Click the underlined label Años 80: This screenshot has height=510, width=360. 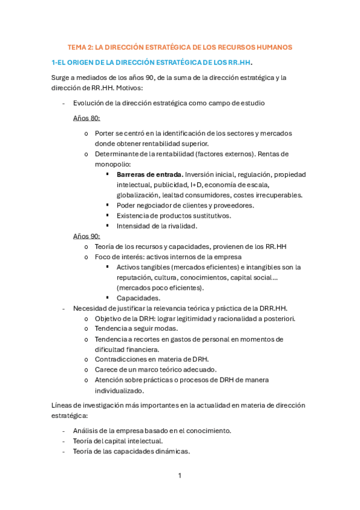click(x=87, y=118)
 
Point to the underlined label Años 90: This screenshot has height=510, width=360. click(x=87, y=236)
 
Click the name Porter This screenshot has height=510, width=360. click(x=105, y=134)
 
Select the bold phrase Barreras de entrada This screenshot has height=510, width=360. click(x=150, y=174)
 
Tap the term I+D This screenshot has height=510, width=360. click(x=197, y=185)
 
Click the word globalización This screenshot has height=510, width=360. click(x=138, y=195)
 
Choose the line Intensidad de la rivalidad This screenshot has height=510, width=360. click(x=157, y=226)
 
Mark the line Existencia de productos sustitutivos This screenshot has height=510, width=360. click(x=174, y=215)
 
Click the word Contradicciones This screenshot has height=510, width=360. click(x=122, y=359)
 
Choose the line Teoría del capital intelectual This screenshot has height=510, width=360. click(x=118, y=440)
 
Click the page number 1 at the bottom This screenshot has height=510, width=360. click(x=180, y=476)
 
